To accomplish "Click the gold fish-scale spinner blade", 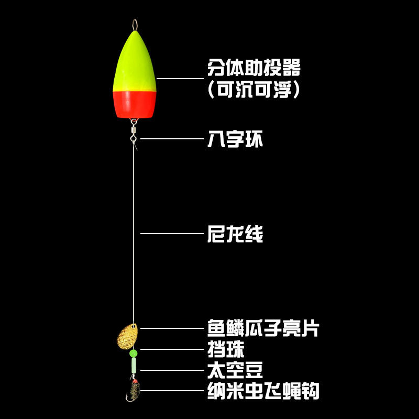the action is click(126, 336).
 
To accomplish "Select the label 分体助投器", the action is click(254, 68).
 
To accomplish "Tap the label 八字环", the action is click(235, 139).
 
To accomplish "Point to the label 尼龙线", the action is click(235, 234).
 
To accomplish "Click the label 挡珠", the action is click(226, 349).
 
